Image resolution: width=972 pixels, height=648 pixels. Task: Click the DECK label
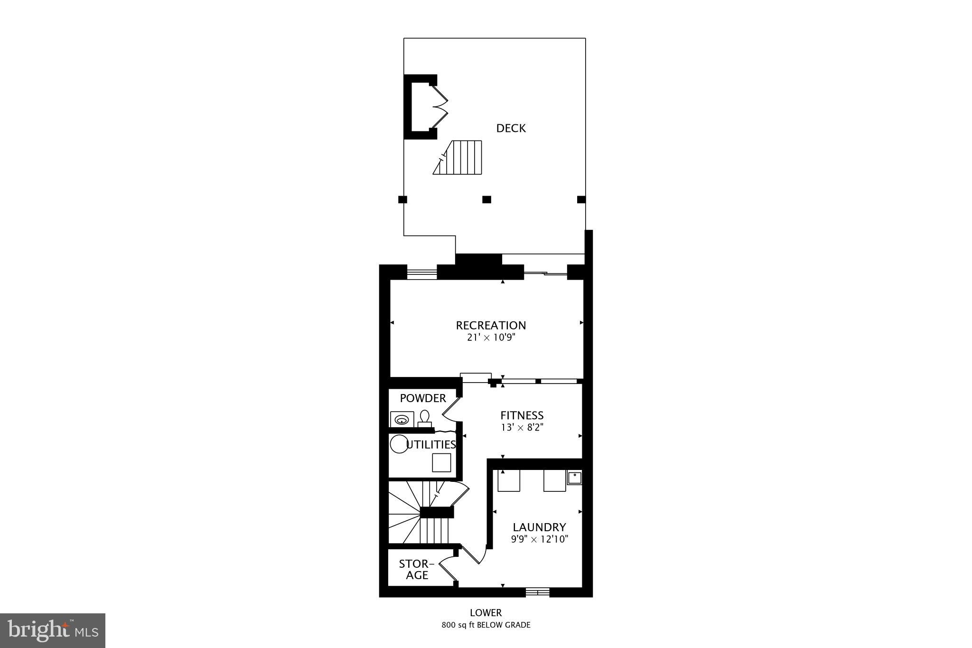[x=511, y=128]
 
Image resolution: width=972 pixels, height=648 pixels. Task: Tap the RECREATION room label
[x=491, y=325]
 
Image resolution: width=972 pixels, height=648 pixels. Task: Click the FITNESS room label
[x=522, y=415]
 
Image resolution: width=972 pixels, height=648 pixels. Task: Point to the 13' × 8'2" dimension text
[x=522, y=427]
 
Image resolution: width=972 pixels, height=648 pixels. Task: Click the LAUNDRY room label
[x=539, y=527]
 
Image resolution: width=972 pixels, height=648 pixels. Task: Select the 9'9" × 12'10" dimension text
[x=539, y=539]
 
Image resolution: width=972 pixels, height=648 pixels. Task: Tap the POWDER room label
[x=423, y=398]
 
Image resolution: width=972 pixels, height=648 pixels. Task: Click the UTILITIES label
[x=431, y=444]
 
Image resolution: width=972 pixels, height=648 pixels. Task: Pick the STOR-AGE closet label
[x=417, y=569]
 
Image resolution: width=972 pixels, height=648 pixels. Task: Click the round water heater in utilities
[x=399, y=444]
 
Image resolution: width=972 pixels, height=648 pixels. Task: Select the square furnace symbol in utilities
[x=441, y=462]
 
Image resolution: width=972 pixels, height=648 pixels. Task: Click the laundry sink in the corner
[x=574, y=477]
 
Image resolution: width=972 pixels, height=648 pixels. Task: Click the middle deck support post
[x=486, y=199]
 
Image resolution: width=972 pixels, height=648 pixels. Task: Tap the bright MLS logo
[x=53, y=630]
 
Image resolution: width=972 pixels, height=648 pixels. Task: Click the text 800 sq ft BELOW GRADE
[x=486, y=625]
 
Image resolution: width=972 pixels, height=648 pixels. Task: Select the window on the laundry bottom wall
[x=537, y=592]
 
